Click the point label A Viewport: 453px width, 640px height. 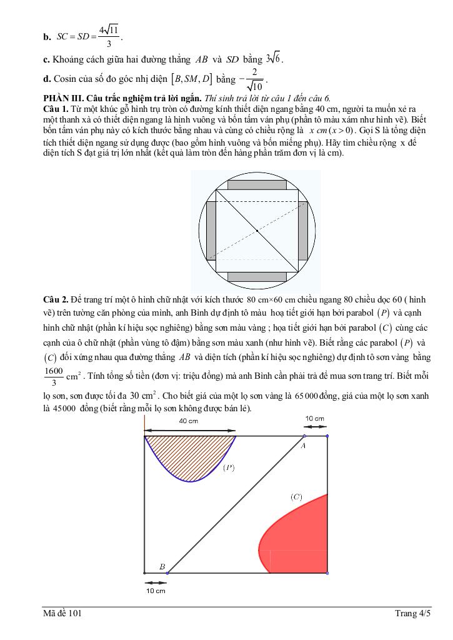[302, 446]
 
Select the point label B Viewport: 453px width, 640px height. [162, 566]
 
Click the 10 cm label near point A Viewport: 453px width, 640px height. [314, 418]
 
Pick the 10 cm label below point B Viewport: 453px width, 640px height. [156, 590]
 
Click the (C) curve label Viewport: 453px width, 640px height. [296, 497]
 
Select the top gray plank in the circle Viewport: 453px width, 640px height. [257, 185]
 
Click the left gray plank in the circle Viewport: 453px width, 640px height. [211, 231]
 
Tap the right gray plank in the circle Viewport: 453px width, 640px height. [303, 231]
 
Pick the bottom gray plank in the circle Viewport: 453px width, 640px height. [257, 276]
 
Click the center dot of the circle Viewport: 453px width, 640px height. [257, 231]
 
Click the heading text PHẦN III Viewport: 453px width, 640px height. [63, 98]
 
